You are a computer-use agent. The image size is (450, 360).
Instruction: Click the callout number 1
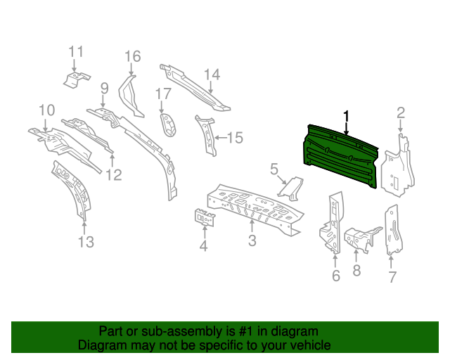345,115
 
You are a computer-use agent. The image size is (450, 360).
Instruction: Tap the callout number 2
401,112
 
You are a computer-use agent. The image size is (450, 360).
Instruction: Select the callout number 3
252,243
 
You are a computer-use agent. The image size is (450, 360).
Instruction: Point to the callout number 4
203,245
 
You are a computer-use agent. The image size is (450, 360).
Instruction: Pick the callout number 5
274,169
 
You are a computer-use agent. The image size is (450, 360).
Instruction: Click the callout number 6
335,276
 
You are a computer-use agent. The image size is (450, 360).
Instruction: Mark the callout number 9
104,89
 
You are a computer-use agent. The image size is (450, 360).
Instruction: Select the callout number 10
46,110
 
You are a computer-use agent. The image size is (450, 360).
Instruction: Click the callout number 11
76,51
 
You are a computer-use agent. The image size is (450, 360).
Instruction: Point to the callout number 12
114,175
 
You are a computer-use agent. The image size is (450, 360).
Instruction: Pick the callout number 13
85,243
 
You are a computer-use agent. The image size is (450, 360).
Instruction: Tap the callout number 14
212,75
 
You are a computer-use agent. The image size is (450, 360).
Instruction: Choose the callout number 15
234,138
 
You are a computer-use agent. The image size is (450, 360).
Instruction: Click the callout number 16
132,56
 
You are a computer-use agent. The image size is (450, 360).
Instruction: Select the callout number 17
163,94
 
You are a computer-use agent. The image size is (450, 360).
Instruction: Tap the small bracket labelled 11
75,79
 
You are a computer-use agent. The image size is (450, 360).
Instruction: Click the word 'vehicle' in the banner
308,345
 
